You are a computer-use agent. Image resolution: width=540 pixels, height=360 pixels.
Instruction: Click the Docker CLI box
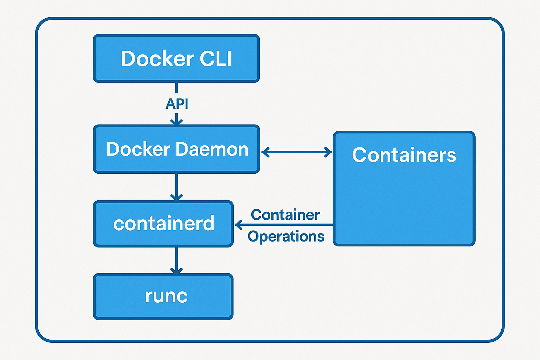click(x=176, y=58)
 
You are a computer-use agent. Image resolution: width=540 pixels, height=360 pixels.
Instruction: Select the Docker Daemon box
click(x=176, y=149)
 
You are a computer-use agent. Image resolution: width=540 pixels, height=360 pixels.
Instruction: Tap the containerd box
click(x=163, y=224)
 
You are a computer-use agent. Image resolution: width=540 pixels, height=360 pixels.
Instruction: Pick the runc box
click(x=163, y=296)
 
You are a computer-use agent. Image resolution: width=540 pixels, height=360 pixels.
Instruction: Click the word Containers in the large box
click(x=404, y=155)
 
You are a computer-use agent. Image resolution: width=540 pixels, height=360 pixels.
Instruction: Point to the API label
click(x=177, y=104)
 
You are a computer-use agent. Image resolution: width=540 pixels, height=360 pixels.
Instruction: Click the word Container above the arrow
click(x=285, y=215)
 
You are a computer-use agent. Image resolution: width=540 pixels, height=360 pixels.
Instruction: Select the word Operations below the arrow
click(x=286, y=236)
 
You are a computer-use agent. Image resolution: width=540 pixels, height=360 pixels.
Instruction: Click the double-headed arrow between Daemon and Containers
click(x=297, y=152)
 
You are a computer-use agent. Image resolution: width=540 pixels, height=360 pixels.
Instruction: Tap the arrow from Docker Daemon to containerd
click(x=176, y=186)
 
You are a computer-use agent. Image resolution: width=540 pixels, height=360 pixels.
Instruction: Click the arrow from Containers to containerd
click(x=285, y=225)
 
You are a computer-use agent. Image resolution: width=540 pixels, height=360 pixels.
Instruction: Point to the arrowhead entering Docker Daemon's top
click(x=176, y=122)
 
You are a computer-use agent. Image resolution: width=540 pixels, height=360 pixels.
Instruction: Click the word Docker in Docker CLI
click(x=157, y=58)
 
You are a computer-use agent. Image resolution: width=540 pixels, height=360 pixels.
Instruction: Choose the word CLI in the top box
click(x=216, y=58)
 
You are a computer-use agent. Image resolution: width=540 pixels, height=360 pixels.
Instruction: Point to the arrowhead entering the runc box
click(x=176, y=270)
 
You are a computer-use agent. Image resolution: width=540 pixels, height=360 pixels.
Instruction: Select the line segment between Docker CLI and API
click(x=176, y=88)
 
